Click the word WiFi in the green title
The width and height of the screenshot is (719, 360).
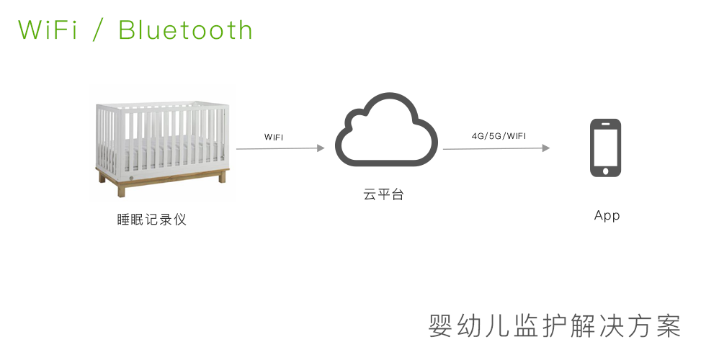48,30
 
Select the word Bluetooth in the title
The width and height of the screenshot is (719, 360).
185,30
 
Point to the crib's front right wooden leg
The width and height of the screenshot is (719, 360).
223,176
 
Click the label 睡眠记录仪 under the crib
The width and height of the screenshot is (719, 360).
152,220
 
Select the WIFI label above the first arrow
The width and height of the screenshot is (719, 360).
274,137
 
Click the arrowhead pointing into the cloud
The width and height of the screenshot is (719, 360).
321,148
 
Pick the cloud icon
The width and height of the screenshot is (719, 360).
386,130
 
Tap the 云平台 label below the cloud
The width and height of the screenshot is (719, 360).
383,194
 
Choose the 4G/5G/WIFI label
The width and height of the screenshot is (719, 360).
499,136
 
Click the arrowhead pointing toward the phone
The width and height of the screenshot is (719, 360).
545,148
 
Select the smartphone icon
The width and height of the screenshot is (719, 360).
605,148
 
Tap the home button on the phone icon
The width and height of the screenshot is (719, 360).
605,171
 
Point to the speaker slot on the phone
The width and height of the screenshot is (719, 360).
605,123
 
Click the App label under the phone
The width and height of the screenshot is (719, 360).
607,215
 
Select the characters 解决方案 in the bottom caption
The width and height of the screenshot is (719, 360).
626,325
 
